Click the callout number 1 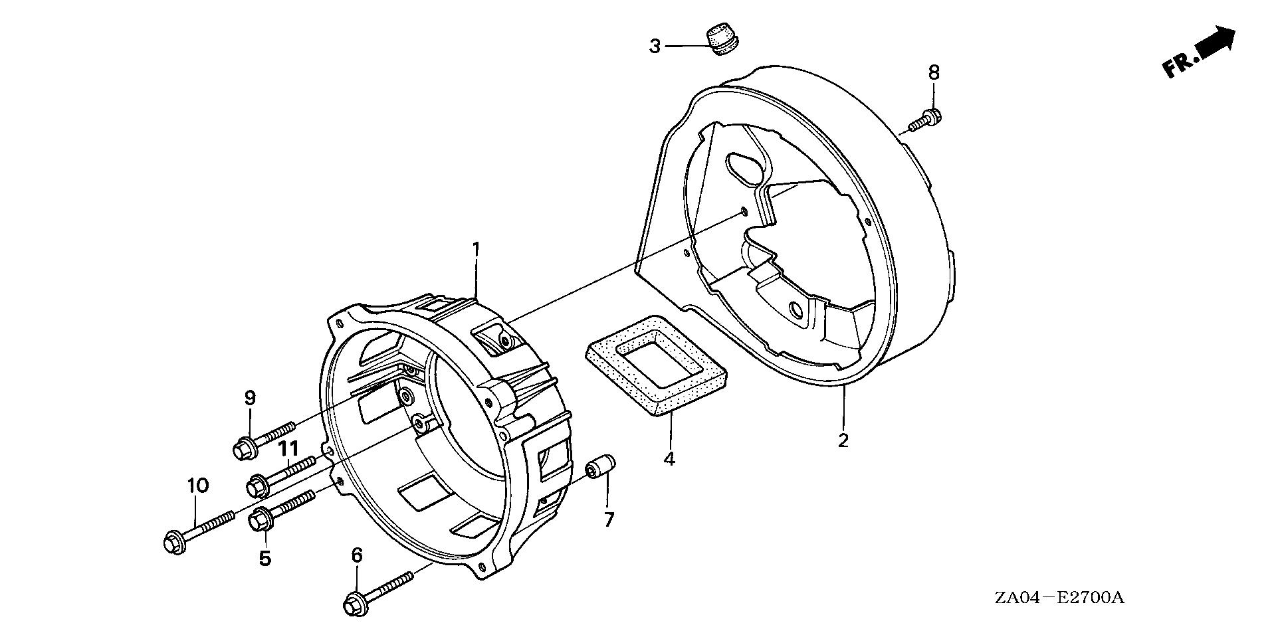pos(476,249)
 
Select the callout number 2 pos(843,440)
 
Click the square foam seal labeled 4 pos(655,365)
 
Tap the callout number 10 pos(197,486)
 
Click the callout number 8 pos(934,72)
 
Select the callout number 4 pos(669,458)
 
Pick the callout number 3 pos(655,46)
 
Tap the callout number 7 pos(609,518)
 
